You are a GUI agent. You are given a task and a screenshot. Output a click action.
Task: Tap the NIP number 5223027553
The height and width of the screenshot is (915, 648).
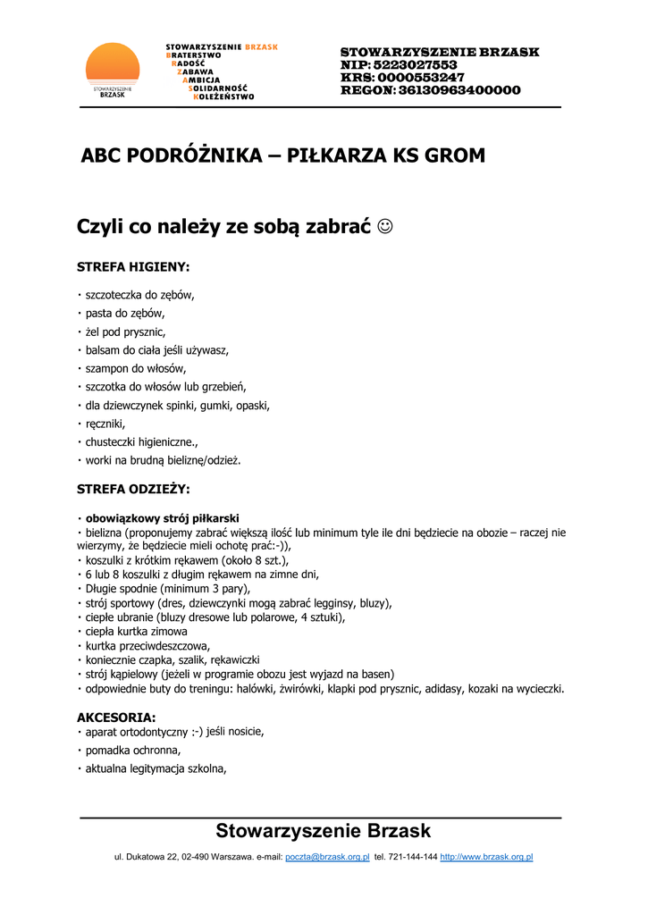(x=416, y=65)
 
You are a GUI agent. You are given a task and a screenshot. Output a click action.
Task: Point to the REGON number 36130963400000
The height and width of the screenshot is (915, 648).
(x=459, y=90)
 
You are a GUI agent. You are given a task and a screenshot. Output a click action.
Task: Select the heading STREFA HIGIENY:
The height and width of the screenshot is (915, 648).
(x=133, y=266)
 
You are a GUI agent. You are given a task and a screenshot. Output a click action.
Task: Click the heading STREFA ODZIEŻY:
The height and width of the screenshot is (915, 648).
(x=133, y=489)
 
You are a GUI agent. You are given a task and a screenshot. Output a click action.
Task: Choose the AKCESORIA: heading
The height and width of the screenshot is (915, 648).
(x=116, y=718)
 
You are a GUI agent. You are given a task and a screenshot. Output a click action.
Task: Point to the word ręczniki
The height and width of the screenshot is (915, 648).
(x=105, y=424)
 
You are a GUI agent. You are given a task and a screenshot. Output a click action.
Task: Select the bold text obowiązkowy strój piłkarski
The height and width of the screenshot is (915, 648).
(x=162, y=518)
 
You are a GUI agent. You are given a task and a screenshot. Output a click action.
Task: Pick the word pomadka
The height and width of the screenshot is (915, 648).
(x=108, y=750)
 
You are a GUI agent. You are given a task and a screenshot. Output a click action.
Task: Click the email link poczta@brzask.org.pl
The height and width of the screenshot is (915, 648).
(x=327, y=857)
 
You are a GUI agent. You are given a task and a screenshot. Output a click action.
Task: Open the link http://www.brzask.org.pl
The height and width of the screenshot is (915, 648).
(x=486, y=857)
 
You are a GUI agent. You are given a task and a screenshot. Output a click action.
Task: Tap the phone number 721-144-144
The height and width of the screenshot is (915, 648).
(x=413, y=857)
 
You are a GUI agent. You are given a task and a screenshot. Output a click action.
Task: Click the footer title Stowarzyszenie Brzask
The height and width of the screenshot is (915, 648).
(x=323, y=831)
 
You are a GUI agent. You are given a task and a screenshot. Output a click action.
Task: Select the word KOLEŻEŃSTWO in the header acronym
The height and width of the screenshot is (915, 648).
(x=223, y=97)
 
